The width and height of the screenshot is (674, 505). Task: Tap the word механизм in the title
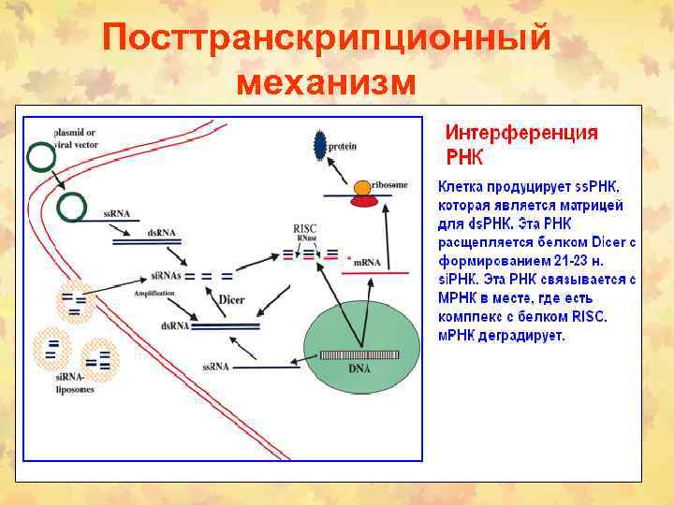[325, 83]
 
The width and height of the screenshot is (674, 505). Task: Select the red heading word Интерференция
[520, 133]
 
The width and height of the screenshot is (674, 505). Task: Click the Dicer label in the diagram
[231, 299]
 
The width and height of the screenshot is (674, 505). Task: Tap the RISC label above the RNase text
[305, 228]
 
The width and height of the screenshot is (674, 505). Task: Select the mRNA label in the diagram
[367, 263]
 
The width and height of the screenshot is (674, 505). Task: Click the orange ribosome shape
[360, 191]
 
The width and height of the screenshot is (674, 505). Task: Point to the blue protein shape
[319, 144]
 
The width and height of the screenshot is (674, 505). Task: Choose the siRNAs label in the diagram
[166, 277]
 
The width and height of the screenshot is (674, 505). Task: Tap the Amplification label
[154, 293]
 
